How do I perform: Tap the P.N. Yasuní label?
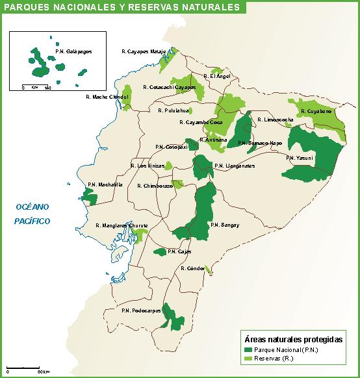pos(299,158)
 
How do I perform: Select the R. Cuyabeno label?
pos(316,111)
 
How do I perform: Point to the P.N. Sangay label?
pos(225,225)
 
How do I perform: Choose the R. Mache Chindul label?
pos(108,97)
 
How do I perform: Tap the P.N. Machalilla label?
pos(105,184)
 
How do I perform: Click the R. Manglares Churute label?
pos(122,225)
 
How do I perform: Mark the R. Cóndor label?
pos(193,268)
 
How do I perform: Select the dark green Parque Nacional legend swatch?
pos(248,349)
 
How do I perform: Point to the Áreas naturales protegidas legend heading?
pos(292,339)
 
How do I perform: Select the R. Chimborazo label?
pos(155,186)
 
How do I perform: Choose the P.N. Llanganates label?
pos(234,166)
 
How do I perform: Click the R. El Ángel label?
pos(216,76)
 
